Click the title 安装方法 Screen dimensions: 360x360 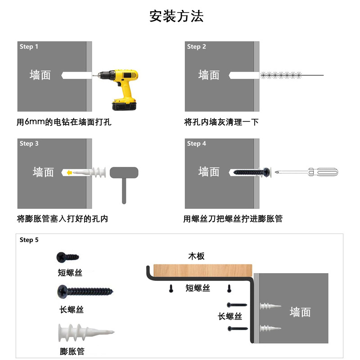(x=176, y=16)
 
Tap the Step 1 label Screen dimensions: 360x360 (x=29, y=47)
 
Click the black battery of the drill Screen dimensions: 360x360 (x=124, y=105)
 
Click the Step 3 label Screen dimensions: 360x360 (x=29, y=144)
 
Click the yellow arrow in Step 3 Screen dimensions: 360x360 (x=68, y=172)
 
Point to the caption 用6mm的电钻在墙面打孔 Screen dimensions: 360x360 (x=64, y=122)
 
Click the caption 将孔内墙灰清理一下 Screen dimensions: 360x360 (x=221, y=122)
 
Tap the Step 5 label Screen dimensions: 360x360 (x=29, y=240)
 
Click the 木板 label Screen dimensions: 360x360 (x=196, y=256)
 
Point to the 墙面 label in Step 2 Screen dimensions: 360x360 (x=209, y=75)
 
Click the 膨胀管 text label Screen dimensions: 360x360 (x=72, y=351)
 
